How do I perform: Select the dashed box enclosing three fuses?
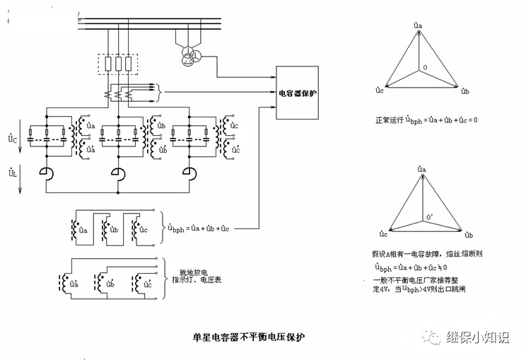pos(118,64)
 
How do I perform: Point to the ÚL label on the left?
pos(12,173)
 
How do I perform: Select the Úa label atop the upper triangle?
pos(419,25)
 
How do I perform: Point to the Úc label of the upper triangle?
pos(380,91)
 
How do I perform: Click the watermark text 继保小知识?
pos(477,338)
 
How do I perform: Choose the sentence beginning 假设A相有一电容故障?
pos(422,252)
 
